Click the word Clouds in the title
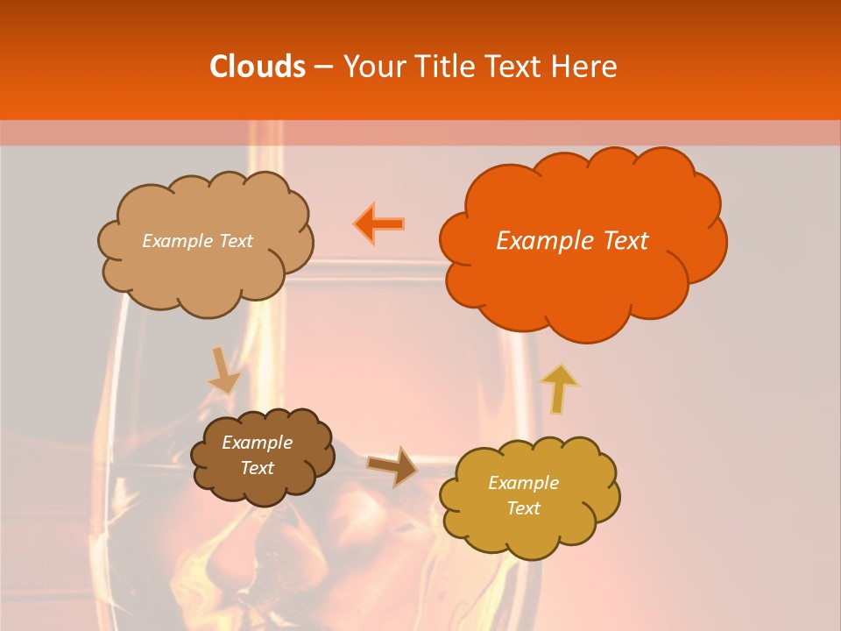pyautogui.click(x=258, y=67)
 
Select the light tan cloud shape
pyautogui.click(x=206, y=276)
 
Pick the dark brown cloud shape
pyautogui.click(x=263, y=486)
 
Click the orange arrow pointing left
pyautogui.click(x=379, y=223)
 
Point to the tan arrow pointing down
pyautogui.click(x=224, y=371)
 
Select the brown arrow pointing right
pyautogui.click(x=392, y=465)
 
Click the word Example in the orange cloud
pyautogui.click(x=546, y=241)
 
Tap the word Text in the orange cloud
pyautogui.click(x=625, y=241)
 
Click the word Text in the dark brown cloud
pyautogui.click(x=258, y=468)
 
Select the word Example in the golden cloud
pyautogui.click(x=523, y=483)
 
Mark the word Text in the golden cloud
pyautogui.click(x=523, y=508)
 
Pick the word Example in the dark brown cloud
pyautogui.click(x=258, y=443)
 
